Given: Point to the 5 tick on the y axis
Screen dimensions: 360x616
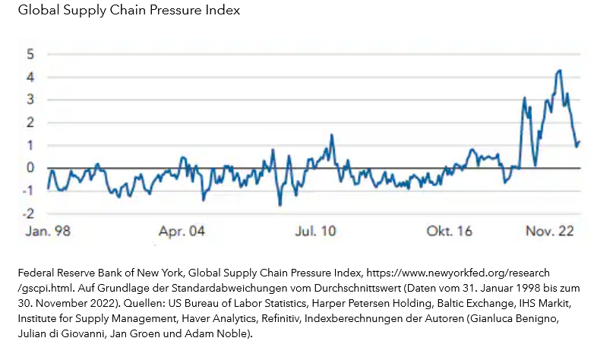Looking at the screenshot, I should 30,54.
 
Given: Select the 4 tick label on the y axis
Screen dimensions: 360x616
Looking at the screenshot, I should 30,77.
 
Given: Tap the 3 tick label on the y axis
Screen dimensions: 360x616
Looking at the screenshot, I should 30,99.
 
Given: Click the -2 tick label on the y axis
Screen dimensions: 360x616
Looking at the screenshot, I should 27,213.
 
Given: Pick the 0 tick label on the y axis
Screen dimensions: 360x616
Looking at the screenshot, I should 30,168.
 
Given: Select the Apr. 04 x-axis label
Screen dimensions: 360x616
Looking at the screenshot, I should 182,230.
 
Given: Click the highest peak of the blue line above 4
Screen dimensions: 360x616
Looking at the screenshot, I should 559,71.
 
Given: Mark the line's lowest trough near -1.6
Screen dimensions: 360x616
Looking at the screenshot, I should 280,205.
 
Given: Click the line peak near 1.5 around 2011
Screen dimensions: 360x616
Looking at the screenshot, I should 332,134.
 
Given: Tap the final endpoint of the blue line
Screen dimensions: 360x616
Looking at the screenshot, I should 580,141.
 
